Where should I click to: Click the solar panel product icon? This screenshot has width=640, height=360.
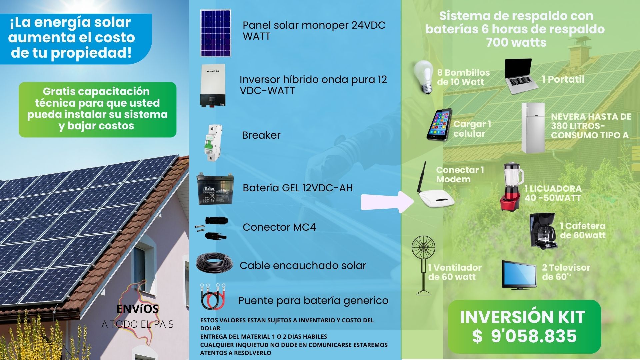point(215,33)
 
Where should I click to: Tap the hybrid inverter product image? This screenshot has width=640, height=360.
point(212,86)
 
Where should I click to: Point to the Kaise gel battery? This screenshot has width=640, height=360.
point(215,189)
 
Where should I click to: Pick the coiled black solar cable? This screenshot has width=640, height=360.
point(214,263)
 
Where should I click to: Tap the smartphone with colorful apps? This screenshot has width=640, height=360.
point(439,124)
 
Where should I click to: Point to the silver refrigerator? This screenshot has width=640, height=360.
point(533,128)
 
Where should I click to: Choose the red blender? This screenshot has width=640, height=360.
point(512,187)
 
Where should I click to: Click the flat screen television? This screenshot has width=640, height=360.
point(519,274)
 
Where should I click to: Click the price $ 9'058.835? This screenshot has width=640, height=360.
point(524,336)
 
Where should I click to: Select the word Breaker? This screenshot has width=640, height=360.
point(261,135)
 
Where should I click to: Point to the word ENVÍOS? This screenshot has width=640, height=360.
point(137,309)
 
